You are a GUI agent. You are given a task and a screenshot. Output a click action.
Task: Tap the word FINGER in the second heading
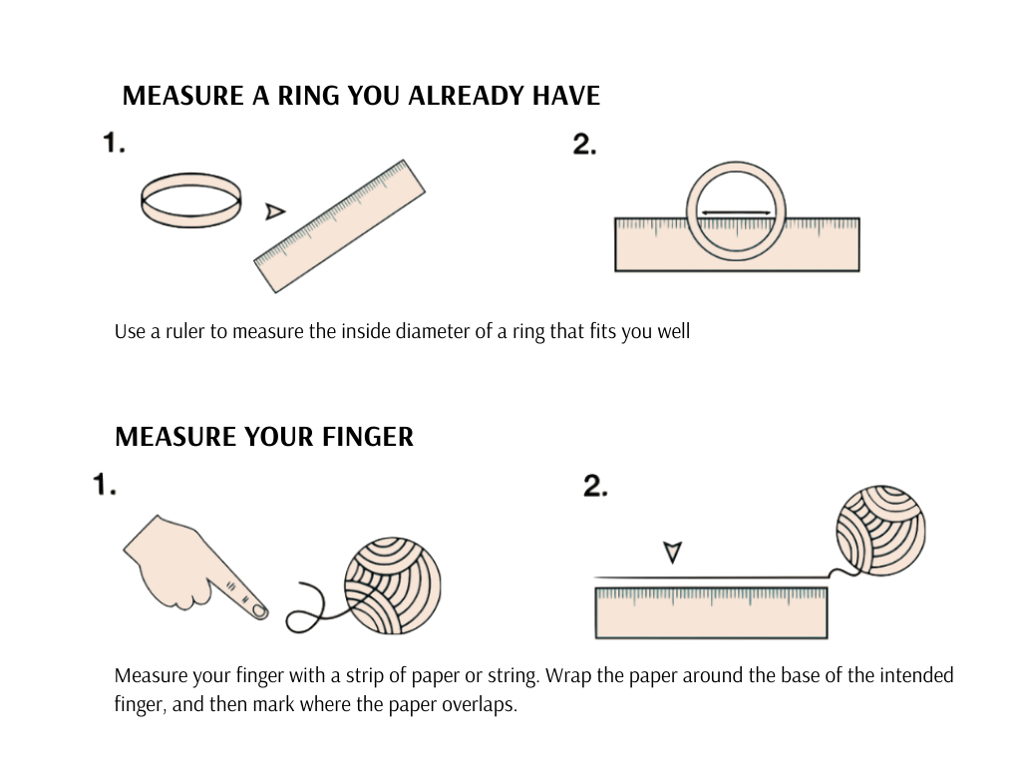[x=368, y=437]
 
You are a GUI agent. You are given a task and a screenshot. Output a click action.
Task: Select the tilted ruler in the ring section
[x=340, y=225]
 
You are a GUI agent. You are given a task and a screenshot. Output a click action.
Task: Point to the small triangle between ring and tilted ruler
[x=275, y=210]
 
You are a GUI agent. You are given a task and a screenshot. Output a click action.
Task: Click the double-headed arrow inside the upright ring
[x=737, y=212]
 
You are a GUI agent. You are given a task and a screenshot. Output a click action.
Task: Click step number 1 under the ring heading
[x=114, y=144]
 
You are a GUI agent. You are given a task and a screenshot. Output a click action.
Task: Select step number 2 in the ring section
[x=584, y=144]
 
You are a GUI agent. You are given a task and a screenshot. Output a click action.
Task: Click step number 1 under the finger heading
[x=105, y=486]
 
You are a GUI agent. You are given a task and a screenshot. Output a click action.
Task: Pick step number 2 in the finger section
[x=595, y=486]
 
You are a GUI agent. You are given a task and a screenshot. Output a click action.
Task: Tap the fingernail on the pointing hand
[x=257, y=609]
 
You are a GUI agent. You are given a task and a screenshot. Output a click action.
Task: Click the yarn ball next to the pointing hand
[x=392, y=585]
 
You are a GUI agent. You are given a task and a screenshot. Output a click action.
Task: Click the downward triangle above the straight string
[x=673, y=552]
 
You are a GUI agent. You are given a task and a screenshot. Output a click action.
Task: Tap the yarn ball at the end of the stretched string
[x=879, y=531]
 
